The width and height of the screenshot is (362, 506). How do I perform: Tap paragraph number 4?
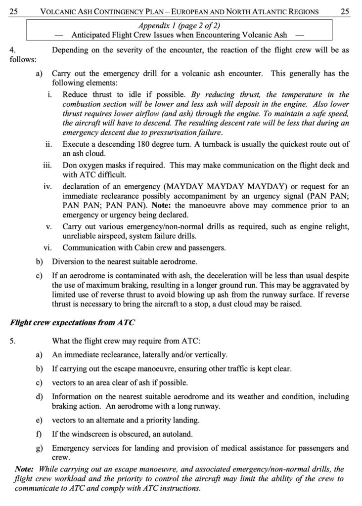click(x=12, y=50)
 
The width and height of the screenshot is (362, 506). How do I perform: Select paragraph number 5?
click(x=12, y=340)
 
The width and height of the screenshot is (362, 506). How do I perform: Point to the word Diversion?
click(x=69, y=261)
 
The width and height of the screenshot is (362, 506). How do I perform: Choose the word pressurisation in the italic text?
click(x=162, y=133)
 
